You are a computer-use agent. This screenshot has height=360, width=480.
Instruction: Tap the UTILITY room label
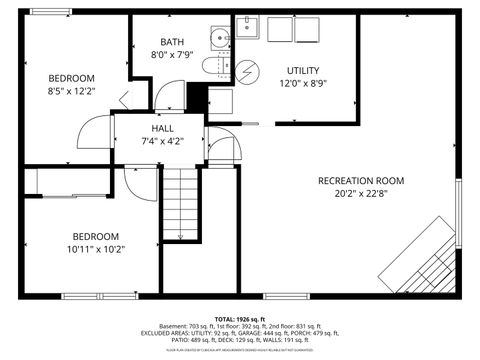pos(303,70)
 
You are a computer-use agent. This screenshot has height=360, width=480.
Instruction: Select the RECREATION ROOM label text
pos(361,180)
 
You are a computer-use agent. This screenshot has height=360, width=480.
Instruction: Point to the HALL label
pos(163,129)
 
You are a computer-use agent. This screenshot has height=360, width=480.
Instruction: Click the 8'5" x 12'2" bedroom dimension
pos(71,91)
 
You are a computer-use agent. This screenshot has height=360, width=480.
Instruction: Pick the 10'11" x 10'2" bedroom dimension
pos(95,249)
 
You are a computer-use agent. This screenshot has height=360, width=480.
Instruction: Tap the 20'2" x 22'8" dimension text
pos(361,194)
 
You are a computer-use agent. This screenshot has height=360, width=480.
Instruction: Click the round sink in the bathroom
pos(220,38)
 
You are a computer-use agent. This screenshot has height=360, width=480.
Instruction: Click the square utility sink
pos(248,29)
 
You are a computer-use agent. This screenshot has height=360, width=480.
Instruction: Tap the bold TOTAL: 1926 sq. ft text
pos(240,318)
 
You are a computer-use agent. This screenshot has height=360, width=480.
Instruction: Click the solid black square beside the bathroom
pos(197,99)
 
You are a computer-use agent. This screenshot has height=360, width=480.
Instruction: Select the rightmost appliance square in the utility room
pos(307,29)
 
